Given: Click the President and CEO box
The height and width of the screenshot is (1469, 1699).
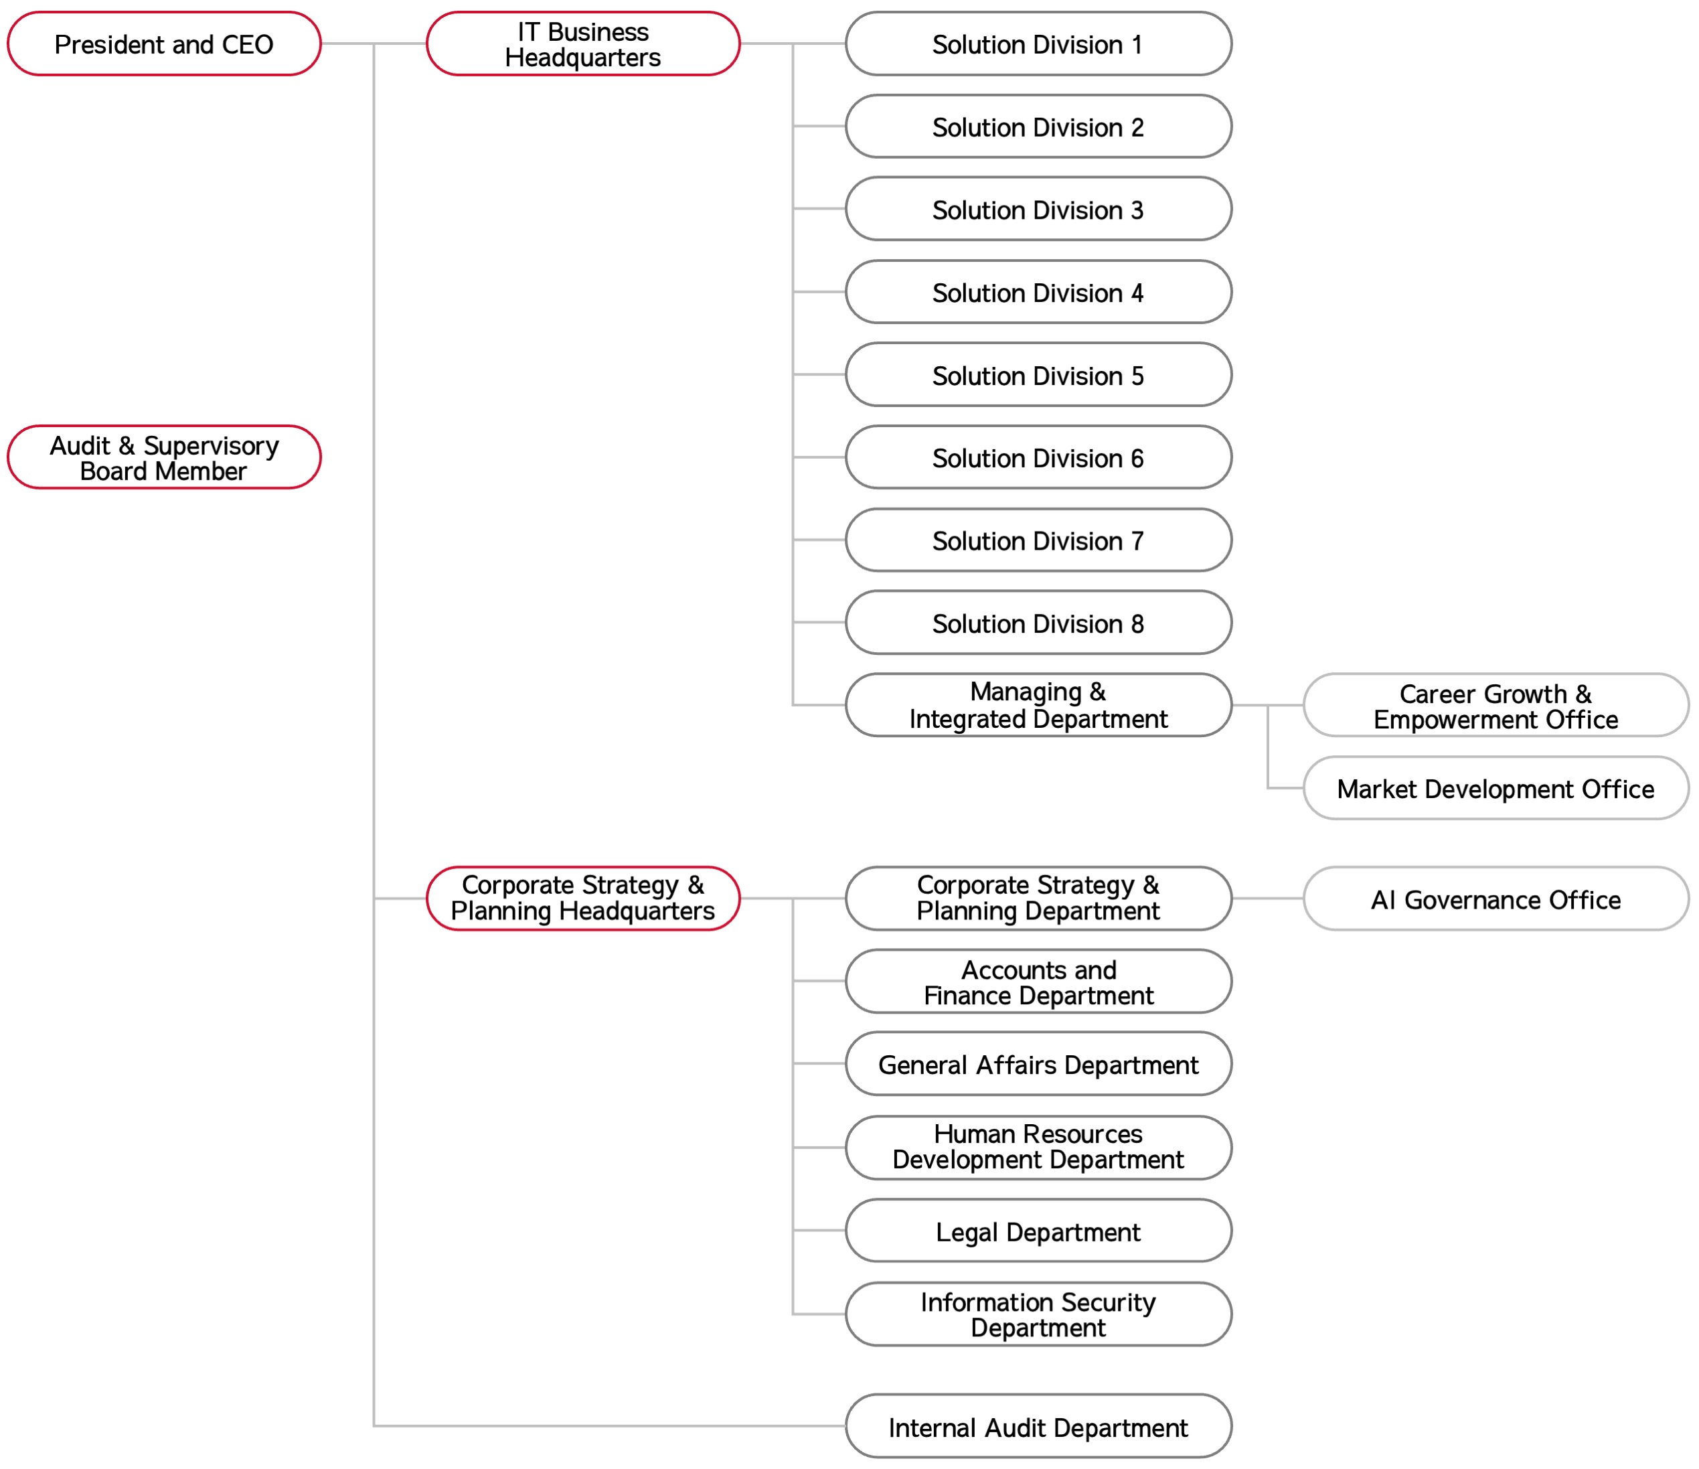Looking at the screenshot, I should click(164, 44).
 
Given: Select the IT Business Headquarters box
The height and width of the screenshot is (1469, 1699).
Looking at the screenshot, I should click(583, 44).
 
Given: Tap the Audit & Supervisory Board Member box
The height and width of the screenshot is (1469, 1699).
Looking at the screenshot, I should click(164, 458).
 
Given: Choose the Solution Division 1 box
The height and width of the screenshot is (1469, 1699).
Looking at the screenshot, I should click(1038, 44).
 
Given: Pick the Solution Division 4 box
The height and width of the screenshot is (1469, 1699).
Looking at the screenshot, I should click(1038, 293).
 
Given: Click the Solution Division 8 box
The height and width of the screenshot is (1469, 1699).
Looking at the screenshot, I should click(1038, 623).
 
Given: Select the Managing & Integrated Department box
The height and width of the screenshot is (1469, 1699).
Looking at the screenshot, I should click(1038, 706).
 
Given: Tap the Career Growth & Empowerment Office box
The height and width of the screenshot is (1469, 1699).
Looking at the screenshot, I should click(1495, 706).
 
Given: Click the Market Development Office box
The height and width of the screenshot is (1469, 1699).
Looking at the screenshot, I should click(1495, 789).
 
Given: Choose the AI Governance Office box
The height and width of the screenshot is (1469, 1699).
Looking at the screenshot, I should click(1495, 900).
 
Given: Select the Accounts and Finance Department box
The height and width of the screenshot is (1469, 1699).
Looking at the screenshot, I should click(1038, 983).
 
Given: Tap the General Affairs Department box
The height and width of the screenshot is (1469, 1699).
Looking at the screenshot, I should click(1038, 1065).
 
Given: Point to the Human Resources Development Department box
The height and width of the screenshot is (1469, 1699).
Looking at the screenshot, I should click(1038, 1148).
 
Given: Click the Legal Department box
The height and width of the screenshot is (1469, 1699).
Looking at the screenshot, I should click(1038, 1232).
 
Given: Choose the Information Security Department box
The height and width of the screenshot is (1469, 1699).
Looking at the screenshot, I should click(1038, 1315).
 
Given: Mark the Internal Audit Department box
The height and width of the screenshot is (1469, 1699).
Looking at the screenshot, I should click(1038, 1428).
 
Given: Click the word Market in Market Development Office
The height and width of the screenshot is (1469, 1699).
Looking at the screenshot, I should click(1376, 789).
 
